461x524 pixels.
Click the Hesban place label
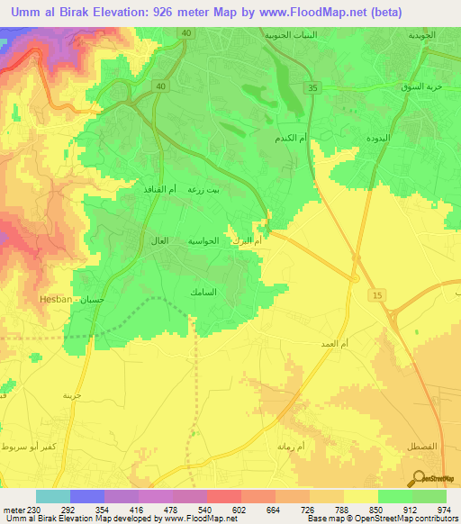click(56, 298)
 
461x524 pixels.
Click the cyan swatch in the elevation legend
click(53, 496)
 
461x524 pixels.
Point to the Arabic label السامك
click(203, 293)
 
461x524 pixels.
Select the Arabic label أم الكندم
click(290, 139)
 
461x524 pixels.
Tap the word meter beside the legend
click(17, 509)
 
